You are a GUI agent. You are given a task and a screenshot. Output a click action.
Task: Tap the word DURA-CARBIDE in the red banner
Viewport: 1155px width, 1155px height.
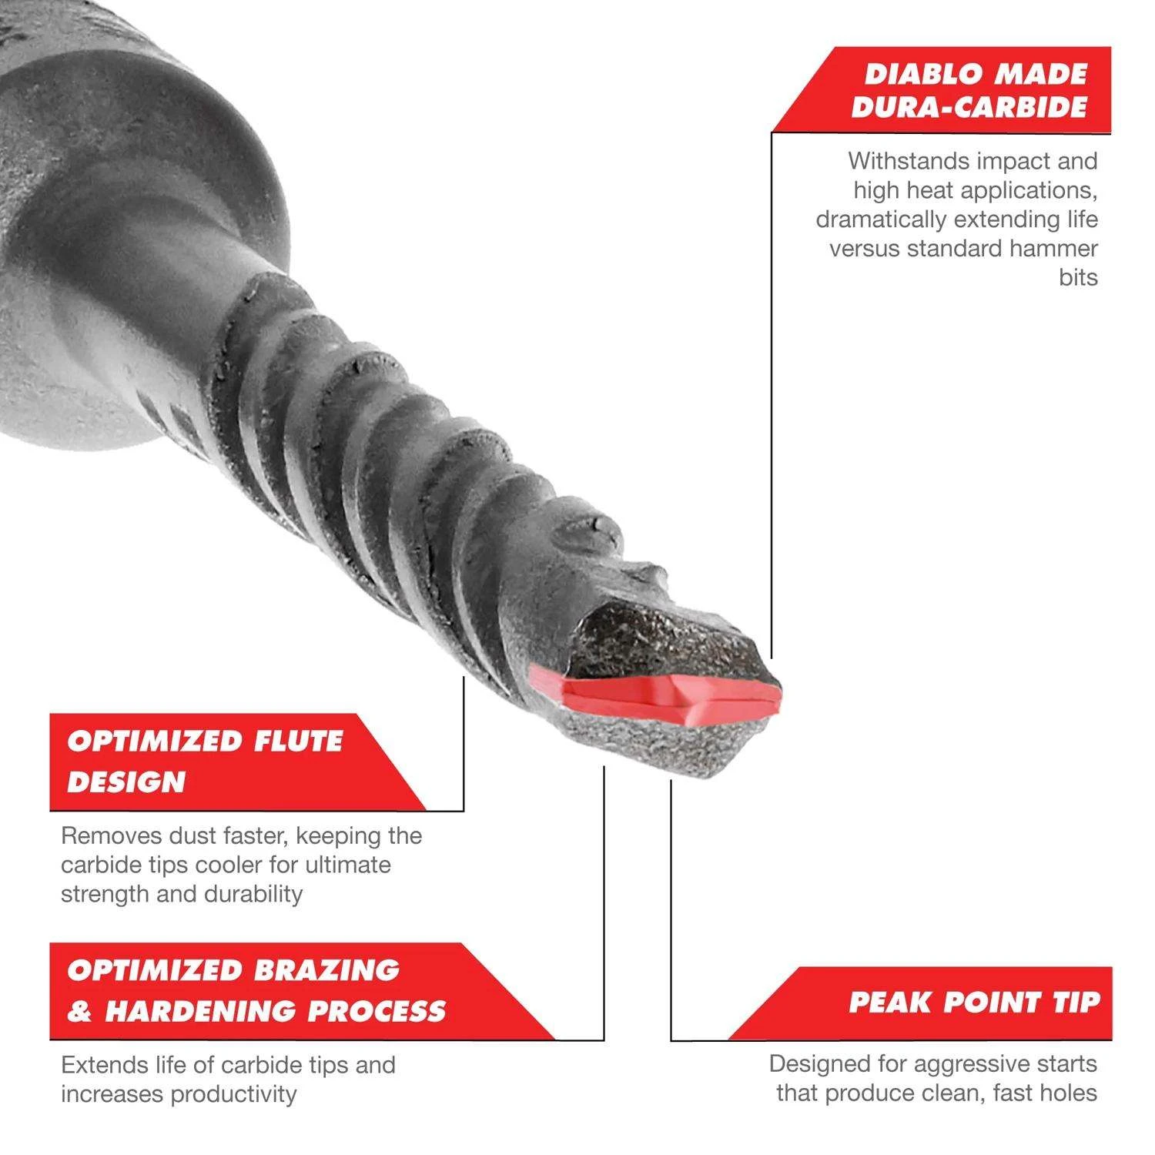969,108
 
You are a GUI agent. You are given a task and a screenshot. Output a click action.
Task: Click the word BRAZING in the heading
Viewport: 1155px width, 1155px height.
326,970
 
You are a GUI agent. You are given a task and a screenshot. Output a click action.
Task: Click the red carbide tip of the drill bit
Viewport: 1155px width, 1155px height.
670,696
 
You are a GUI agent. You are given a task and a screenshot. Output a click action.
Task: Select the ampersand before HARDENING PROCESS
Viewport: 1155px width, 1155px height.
79,1012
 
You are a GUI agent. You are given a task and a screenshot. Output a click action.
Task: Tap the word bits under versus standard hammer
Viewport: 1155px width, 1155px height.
1077,278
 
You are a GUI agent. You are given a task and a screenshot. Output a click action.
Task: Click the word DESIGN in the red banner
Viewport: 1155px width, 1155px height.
127,783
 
